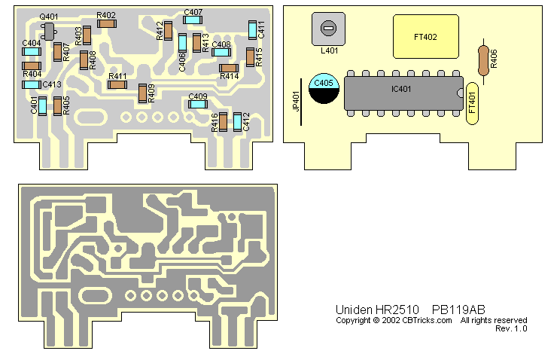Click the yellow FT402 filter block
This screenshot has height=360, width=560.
coord(425,36)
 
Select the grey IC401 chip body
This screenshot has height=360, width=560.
coord(402,91)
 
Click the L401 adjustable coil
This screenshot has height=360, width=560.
coord(327,30)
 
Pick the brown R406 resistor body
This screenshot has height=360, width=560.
coord(483,59)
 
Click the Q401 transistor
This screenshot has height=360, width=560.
coord(49,30)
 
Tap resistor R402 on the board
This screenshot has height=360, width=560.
coord(106,24)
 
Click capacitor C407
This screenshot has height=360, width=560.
coord(193,22)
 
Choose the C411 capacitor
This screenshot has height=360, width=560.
coord(252,29)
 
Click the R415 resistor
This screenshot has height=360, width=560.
coord(250,57)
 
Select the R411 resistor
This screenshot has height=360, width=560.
coord(117,84)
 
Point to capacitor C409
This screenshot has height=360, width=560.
coord(197,105)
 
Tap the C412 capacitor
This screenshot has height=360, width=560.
coord(237,121)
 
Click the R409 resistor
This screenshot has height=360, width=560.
coord(142,93)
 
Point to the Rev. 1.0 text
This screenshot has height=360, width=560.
coord(511,328)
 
